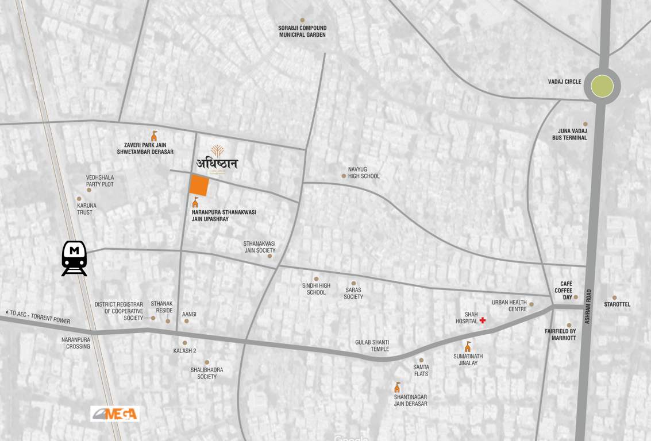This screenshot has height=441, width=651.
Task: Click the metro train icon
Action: pyautogui.click(x=74, y=258)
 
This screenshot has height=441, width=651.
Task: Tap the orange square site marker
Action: pyautogui.click(x=199, y=185)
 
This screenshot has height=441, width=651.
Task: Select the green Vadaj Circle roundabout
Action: pyautogui.click(x=602, y=86)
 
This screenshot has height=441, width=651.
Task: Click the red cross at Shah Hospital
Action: pyautogui.click(x=483, y=320)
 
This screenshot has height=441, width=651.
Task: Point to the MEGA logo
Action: pyautogui.click(x=115, y=413)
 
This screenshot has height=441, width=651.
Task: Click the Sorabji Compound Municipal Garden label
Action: pyautogui.click(x=302, y=31)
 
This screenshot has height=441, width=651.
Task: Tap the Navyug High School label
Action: pyautogui.click(x=364, y=173)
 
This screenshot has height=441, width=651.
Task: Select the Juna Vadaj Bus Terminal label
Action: pyautogui.click(x=569, y=134)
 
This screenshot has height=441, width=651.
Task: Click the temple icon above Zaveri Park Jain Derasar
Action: pyautogui.click(x=154, y=136)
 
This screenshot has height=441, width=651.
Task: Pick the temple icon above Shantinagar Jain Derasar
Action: pyautogui.click(x=397, y=388)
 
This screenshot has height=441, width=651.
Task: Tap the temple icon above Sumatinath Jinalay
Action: pyautogui.click(x=468, y=347)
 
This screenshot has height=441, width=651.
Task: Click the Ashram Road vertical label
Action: pyautogui.click(x=588, y=306)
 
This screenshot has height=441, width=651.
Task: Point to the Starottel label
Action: pyautogui.click(x=617, y=304)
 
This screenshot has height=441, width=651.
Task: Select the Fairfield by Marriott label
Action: pyautogui.click(x=560, y=335)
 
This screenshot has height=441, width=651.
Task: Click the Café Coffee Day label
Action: pyautogui.click(x=563, y=291)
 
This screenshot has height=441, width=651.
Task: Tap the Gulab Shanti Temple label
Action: pyautogui.click(x=372, y=346)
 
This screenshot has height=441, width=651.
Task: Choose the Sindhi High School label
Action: pyautogui.click(x=316, y=289)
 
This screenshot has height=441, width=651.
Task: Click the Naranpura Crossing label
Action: pyautogui.click(x=76, y=343)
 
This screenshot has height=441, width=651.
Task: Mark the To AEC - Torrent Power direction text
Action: pyautogui.click(x=39, y=316)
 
